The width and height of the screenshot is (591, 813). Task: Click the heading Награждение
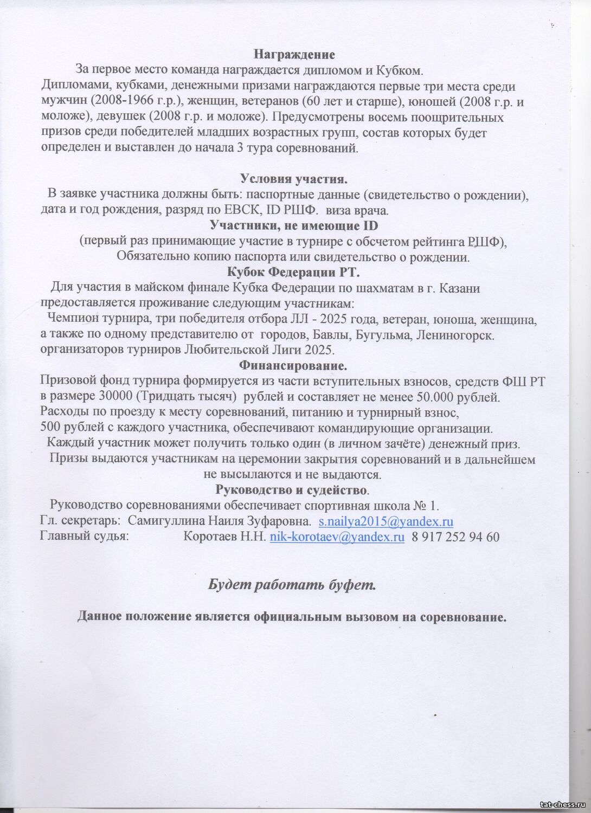click(294, 55)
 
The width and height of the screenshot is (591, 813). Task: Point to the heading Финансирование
click(293, 366)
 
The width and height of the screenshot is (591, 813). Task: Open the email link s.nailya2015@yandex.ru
click(386, 522)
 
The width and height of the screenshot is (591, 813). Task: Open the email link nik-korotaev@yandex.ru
click(337, 538)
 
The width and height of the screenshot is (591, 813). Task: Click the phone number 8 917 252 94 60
click(456, 538)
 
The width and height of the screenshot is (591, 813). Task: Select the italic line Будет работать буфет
click(292, 585)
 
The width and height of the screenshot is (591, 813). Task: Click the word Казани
click(461, 288)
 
